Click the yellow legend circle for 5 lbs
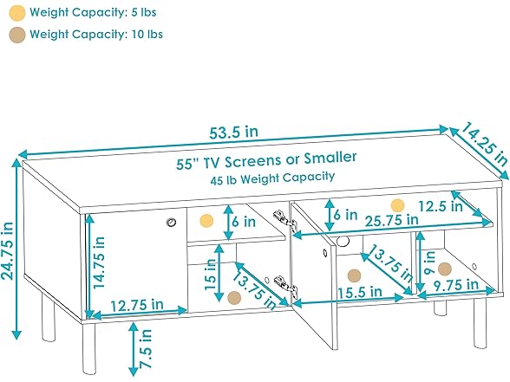tap(17, 13)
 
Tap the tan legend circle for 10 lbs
tap(17, 35)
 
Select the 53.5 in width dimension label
tap(233, 133)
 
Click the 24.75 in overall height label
tap(8, 250)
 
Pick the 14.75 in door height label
tap(99, 262)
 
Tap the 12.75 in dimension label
tap(137, 305)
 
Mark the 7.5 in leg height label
tap(146, 348)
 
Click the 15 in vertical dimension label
tap(210, 275)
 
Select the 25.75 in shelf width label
tap(392, 220)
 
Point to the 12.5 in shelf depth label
tap(441, 206)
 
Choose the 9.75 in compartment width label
tap(456, 285)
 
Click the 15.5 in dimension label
tap(360, 292)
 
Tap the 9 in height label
tap(429, 262)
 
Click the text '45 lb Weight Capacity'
tap(272, 178)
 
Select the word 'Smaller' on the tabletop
tap(330, 158)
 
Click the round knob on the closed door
tap(171, 223)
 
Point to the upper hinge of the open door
tap(284, 220)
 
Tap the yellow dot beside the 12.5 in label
tap(397, 205)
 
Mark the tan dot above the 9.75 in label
tap(445, 269)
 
